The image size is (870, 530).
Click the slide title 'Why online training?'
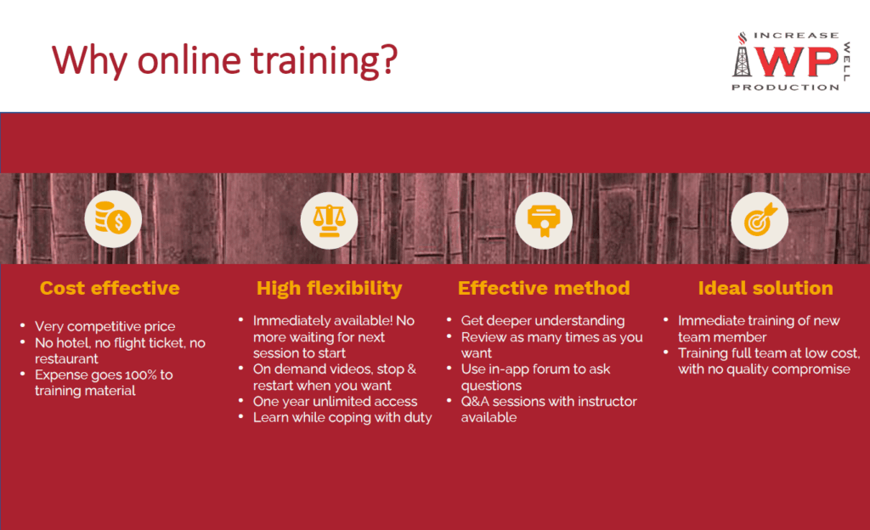pyautogui.click(x=224, y=60)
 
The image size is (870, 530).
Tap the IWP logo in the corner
pyautogui.click(x=786, y=61)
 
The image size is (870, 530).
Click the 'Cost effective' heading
pyautogui.click(x=110, y=288)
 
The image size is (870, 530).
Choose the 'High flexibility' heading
pyautogui.click(x=329, y=288)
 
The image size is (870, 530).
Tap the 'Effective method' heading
pyautogui.click(x=544, y=288)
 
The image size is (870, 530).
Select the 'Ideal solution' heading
pyautogui.click(x=765, y=288)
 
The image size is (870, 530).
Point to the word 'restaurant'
pyautogui.click(x=66, y=358)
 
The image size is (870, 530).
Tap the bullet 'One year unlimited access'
pyautogui.click(x=335, y=401)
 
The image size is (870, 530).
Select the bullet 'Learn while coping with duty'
pyautogui.click(x=342, y=417)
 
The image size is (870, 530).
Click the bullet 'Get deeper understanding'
pyautogui.click(x=543, y=320)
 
